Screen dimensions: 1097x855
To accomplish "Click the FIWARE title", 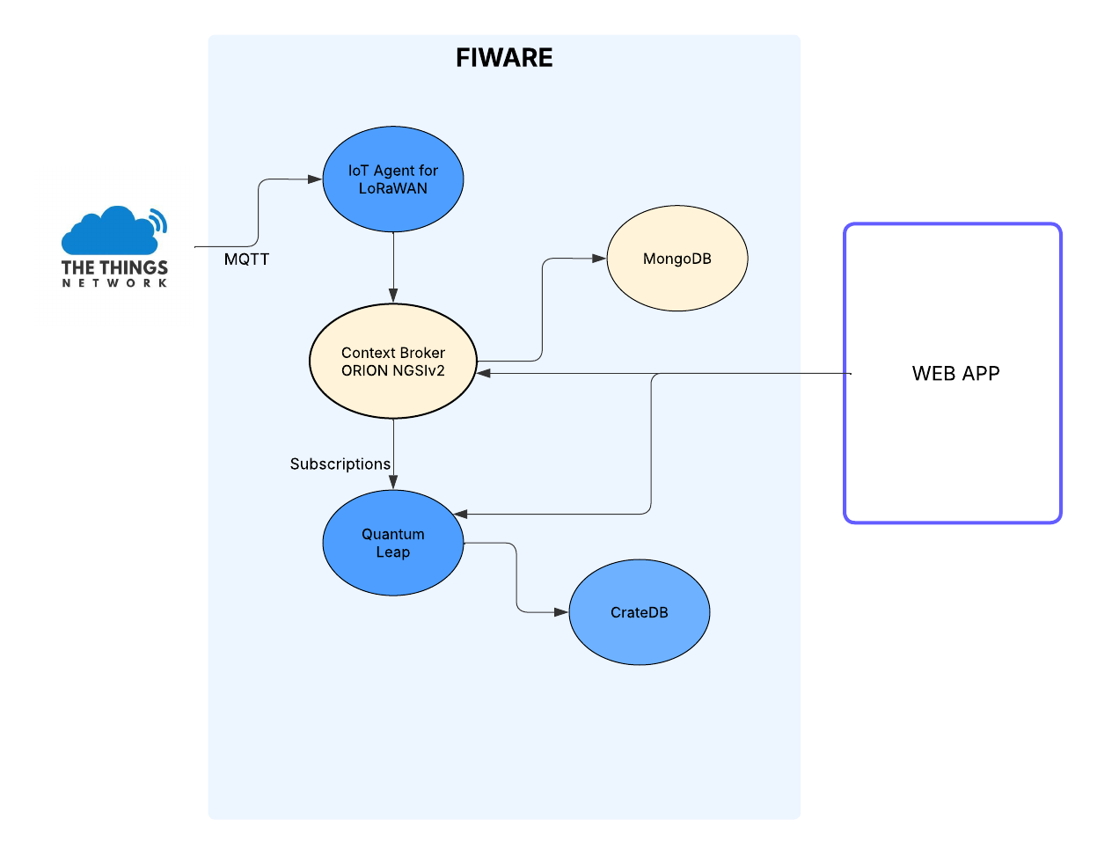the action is coord(504,57).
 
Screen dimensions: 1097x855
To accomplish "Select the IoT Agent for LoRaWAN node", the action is coord(392,179).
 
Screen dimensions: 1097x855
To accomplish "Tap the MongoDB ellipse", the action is coord(677,259).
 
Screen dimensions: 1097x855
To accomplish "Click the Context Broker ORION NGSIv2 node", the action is coord(392,361).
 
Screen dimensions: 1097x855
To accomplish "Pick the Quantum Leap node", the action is coord(392,543).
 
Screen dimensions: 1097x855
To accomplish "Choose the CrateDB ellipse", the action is coord(640,612).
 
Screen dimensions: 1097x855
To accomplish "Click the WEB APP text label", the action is coord(955,374).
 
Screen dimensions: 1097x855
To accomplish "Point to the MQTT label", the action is coord(246,259).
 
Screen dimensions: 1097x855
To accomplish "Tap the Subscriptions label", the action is coord(340,464).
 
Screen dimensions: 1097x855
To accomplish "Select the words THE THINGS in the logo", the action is coord(114,267).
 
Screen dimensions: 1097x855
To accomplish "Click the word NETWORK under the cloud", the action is coord(114,283).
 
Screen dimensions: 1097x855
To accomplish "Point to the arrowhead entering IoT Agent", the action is coord(315,179).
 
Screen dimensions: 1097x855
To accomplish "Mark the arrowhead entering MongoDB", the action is coord(599,259).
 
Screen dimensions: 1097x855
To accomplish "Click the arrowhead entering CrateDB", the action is coord(561,612).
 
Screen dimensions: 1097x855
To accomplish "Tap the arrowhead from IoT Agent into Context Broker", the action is coord(393,296).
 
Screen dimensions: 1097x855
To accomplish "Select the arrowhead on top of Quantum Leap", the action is coord(393,483).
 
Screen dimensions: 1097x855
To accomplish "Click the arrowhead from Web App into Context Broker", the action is coord(484,374).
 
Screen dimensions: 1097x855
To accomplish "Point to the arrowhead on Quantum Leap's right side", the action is coord(460,515).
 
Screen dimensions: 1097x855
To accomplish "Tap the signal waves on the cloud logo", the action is coord(159,221).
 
